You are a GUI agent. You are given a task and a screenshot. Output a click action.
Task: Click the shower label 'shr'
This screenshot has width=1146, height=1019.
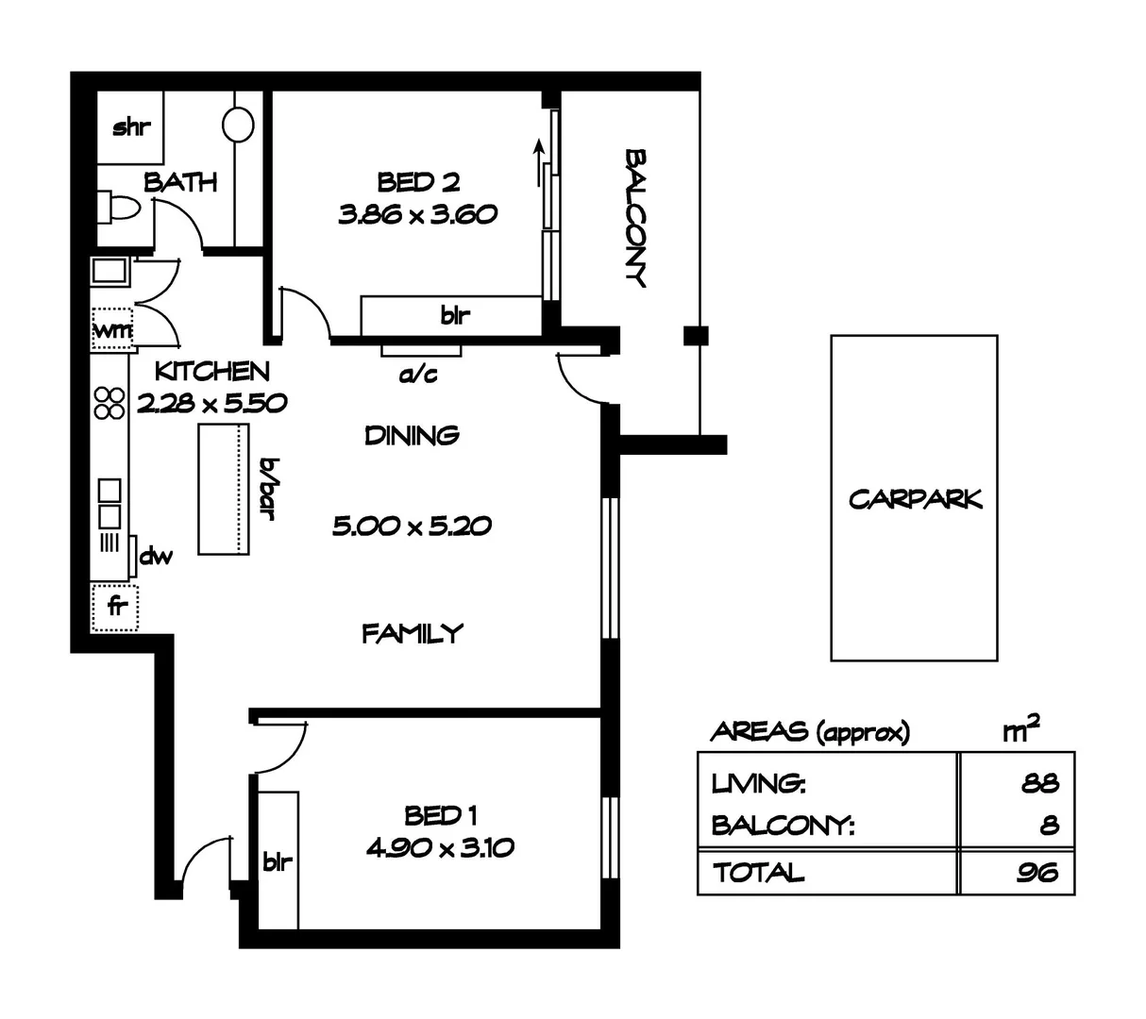click(x=131, y=127)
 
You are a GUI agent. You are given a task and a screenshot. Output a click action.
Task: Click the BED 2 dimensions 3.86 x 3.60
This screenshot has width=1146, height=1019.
click(x=417, y=215)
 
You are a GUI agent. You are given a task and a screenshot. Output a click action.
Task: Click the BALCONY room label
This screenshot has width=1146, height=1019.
click(x=636, y=217)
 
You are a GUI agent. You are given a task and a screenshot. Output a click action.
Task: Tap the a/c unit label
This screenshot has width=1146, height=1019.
click(x=418, y=375)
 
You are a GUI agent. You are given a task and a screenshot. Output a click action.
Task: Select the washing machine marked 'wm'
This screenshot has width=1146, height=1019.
click(x=112, y=330)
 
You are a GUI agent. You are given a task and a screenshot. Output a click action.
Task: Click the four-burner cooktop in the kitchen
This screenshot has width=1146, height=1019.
click(x=110, y=403)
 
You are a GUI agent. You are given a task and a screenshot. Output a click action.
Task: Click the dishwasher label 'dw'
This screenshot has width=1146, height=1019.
click(x=156, y=557)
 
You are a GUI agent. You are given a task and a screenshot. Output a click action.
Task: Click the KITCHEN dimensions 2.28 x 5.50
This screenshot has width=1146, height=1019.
click(x=211, y=404)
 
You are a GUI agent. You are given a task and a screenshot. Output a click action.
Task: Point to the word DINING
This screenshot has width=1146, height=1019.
click(x=413, y=435)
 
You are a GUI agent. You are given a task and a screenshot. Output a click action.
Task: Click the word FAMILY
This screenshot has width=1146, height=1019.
click(x=413, y=633)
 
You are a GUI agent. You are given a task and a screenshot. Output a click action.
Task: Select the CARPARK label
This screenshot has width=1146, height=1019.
click(x=915, y=498)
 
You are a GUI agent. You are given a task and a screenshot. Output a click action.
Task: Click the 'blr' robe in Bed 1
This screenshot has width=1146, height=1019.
click(x=277, y=861)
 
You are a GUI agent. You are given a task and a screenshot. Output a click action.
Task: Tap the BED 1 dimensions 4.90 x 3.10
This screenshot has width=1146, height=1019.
click(x=440, y=847)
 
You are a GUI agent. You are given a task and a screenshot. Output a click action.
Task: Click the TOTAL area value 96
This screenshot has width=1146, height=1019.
click(x=1036, y=873)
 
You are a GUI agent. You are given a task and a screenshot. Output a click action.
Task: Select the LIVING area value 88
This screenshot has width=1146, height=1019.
click(x=1038, y=783)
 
